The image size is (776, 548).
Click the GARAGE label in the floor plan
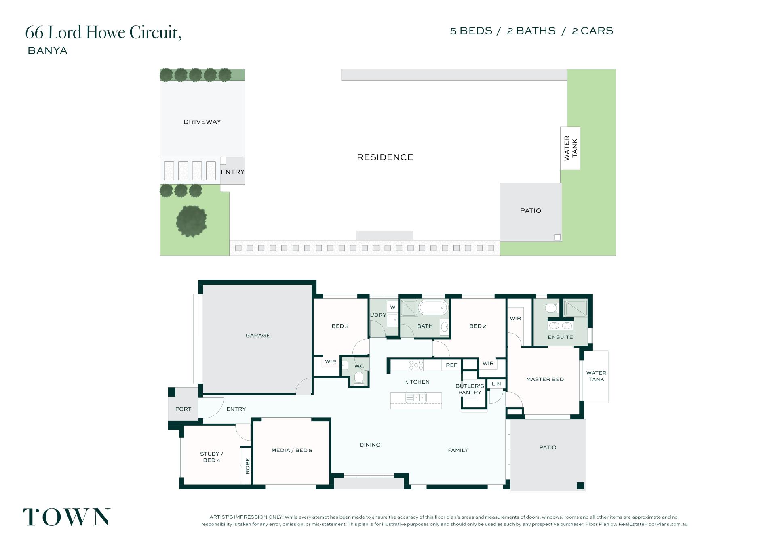[258, 336]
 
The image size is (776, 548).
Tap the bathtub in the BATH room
[434, 308]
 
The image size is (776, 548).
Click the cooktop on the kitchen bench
[416, 365]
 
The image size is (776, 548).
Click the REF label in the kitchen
[451, 365]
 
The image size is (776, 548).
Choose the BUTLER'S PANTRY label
[470, 389]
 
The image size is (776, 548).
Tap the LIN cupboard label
[496, 384]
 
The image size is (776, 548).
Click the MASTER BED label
[545, 379]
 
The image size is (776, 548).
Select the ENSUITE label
[560, 337]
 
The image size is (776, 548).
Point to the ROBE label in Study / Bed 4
[248, 466]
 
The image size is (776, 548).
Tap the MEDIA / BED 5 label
[292, 450]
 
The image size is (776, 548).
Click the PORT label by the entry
[183, 409]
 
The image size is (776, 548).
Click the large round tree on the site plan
[192, 221]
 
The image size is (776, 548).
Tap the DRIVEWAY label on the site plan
[202, 122]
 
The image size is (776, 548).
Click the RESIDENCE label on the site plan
[385, 157]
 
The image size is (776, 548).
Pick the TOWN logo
[66, 517]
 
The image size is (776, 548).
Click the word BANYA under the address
[47, 51]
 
